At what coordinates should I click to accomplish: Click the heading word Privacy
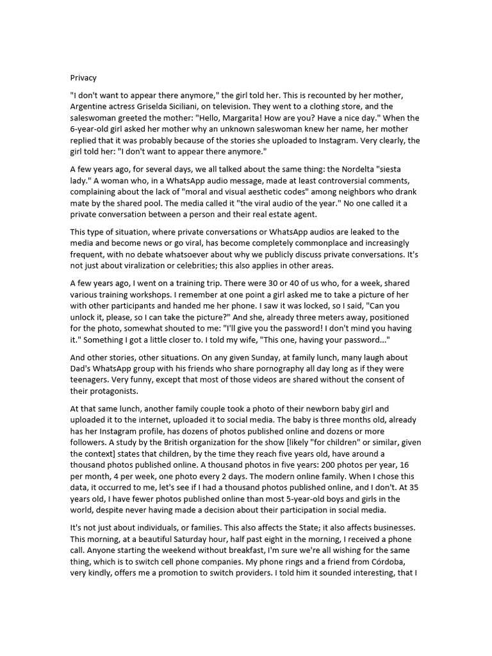click(x=83, y=78)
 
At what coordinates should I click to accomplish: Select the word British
click(x=166, y=442)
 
